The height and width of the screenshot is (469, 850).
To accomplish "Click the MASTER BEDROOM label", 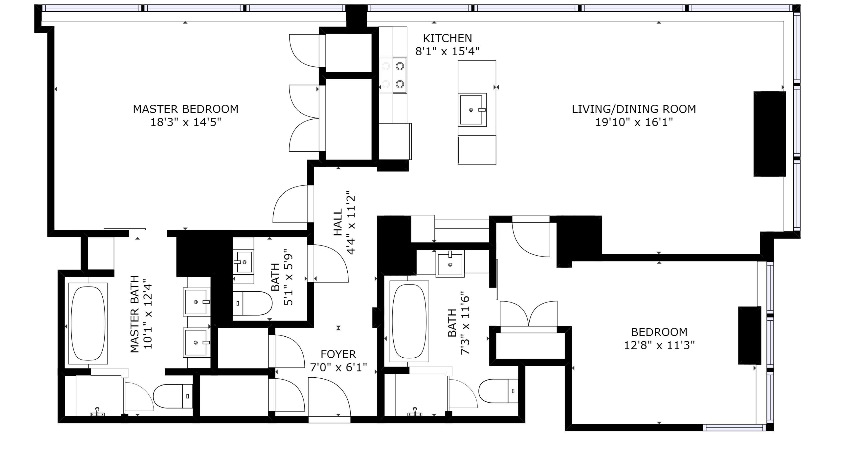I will tap(185, 109).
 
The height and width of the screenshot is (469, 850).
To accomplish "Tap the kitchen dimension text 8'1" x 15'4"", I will tap(447, 51).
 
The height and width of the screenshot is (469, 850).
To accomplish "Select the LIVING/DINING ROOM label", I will tap(633, 109).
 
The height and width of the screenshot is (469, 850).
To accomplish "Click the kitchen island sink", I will tap(472, 110).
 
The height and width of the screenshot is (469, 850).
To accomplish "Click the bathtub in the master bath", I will tap(88, 323).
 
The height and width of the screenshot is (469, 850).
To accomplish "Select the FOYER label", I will tap(338, 354).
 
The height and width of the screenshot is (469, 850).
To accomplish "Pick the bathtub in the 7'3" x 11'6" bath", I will tap(409, 321).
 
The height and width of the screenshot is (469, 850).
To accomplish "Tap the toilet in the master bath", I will tap(173, 396).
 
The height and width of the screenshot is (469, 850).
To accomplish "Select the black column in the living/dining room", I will tap(769, 134).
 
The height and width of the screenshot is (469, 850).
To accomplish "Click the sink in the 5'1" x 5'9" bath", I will tap(244, 262).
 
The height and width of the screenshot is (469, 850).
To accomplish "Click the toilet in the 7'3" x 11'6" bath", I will tap(498, 391).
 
